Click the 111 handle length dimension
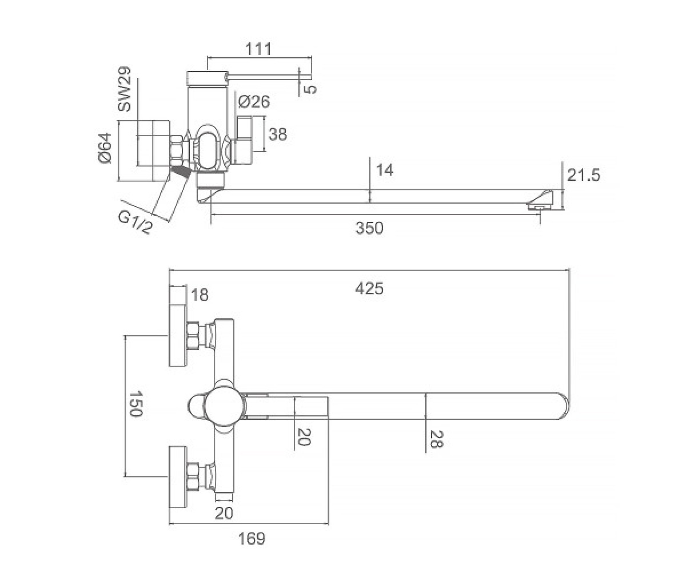coord(258,49)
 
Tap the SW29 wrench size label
coord(125,89)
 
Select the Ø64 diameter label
coord(105,148)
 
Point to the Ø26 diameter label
coord(254,102)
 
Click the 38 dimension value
coord(278,134)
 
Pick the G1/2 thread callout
coord(135,223)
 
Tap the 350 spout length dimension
coord(369,228)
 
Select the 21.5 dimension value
coord(584,175)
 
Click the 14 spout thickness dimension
coord(385,170)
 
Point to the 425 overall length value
coord(369,289)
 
